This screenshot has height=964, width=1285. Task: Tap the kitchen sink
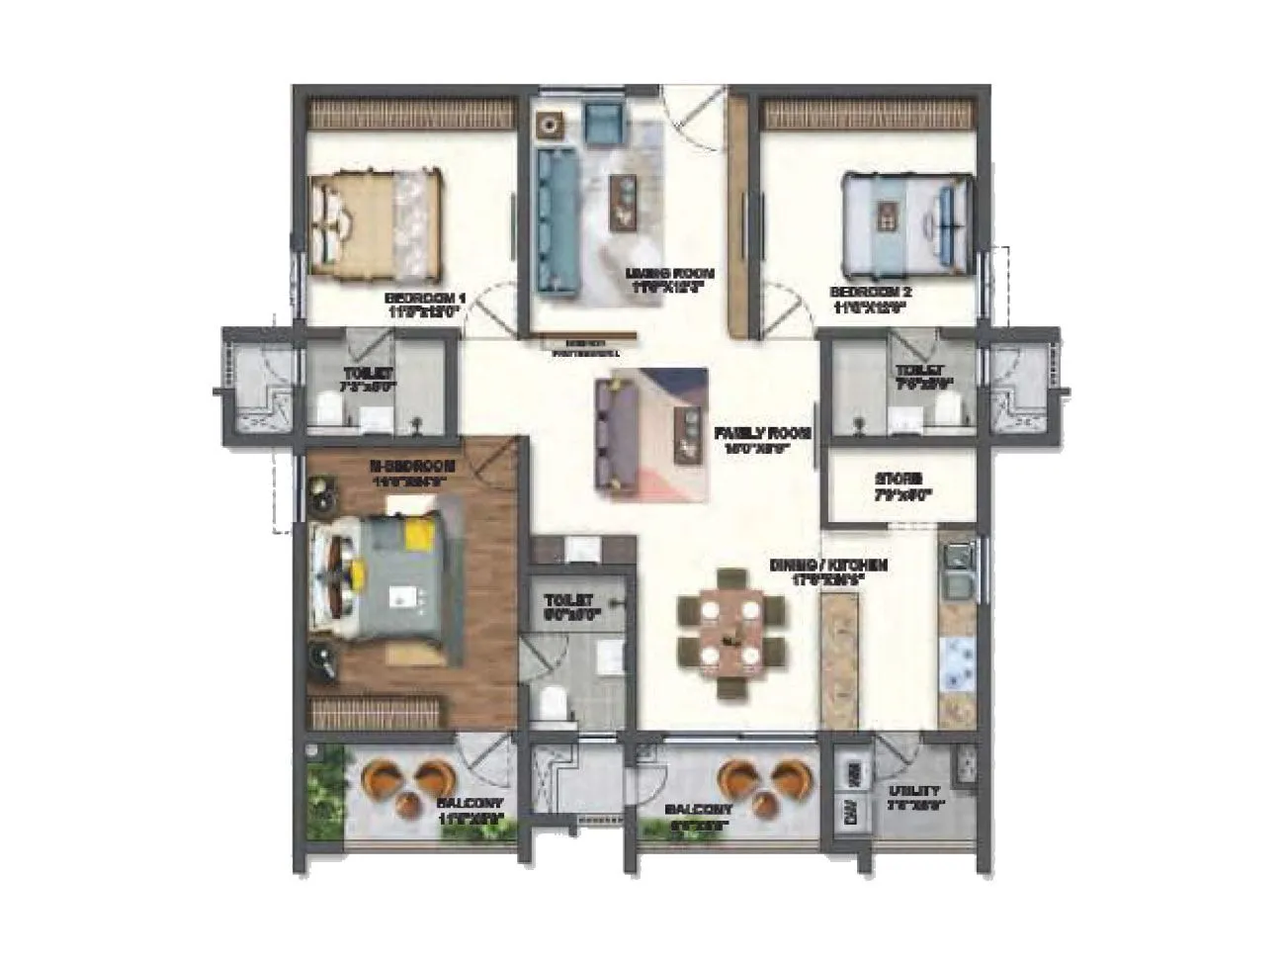(957, 573)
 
